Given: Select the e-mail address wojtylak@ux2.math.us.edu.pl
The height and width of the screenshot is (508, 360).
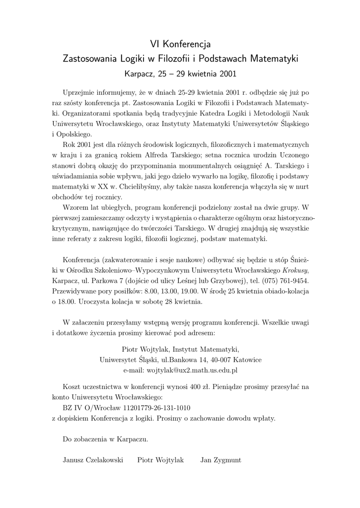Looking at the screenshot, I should click(180, 370).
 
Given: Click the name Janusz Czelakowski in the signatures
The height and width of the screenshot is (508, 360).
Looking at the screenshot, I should click(93, 460).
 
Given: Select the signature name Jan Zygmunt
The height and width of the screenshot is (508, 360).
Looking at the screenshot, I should click(220, 460).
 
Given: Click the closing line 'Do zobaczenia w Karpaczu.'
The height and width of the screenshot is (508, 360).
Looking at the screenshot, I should click(105, 439).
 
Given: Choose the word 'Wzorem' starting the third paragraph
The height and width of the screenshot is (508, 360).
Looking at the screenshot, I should click(74, 207).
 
